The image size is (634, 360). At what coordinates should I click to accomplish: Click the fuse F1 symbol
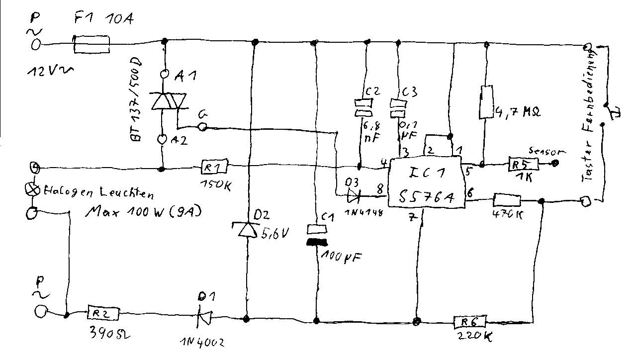pyautogui.click(x=92, y=44)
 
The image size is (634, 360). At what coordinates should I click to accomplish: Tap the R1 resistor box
pyautogui.click(x=215, y=166)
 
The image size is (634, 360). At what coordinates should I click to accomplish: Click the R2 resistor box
pyautogui.click(x=104, y=314)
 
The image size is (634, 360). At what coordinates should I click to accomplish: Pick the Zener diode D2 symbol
pyautogui.click(x=245, y=230)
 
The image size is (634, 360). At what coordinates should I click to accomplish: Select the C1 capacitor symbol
pyautogui.click(x=317, y=236)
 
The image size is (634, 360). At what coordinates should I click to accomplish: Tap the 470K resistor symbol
pyautogui.click(x=507, y=201)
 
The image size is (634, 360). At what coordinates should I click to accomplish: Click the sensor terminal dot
pyautogui.click(x=555, y=162)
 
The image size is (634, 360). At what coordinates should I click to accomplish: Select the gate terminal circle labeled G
pyautogui.click(x=202, y=127)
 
